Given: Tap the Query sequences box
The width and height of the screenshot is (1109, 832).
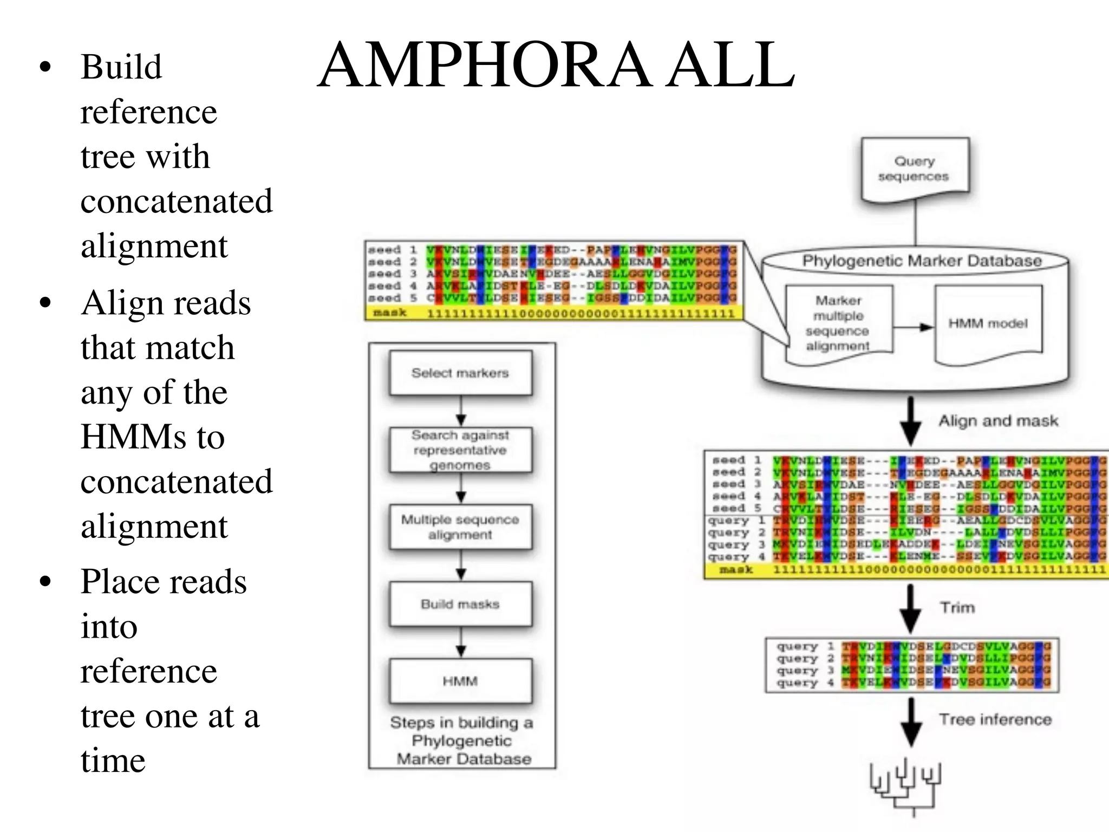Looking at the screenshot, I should pos(915,169).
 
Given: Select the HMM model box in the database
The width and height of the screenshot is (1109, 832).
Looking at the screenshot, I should pos(988,323).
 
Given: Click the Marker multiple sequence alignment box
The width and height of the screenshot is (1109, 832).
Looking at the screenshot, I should pos(838,323).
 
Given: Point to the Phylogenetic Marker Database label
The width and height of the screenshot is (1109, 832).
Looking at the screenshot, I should pos(922,261).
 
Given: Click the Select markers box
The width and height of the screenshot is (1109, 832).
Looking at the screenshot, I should pos(460,373).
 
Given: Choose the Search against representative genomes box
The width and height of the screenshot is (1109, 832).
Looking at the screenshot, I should pos(460,450).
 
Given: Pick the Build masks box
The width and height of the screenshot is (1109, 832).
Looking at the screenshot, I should pos(460,604).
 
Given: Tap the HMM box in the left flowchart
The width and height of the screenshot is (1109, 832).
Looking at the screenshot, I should pos(460,681).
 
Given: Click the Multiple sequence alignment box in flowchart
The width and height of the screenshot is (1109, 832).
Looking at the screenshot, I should pos(460,527).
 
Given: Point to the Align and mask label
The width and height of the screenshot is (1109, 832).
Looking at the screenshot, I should pos(998,421).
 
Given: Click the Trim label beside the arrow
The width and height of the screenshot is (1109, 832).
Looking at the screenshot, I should pos(957,608).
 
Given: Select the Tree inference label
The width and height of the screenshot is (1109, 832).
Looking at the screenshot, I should pos(995,719).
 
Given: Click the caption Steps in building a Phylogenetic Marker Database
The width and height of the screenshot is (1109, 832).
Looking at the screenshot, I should pos(462,740).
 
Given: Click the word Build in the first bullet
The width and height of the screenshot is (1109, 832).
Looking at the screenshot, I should pos(121,67).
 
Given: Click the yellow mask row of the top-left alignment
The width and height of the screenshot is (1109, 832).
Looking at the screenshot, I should pos(554,314).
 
